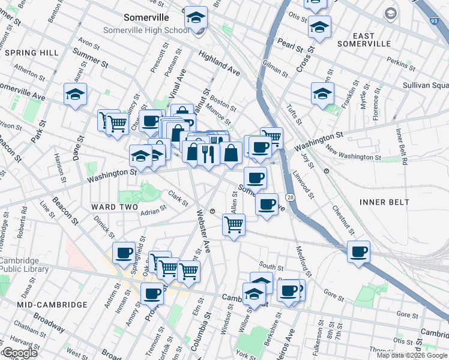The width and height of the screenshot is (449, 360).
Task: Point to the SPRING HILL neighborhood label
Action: [31, 53]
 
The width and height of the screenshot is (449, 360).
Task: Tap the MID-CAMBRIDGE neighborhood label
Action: [52, 305]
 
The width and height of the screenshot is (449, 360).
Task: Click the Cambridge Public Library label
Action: [19, 265]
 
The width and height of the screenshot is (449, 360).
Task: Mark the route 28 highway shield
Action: [290, 197]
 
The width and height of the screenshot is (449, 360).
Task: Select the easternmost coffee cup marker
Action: [359, 251]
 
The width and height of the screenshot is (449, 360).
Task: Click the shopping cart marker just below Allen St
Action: [234, 225]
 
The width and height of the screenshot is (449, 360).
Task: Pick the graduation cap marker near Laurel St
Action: [76, 94]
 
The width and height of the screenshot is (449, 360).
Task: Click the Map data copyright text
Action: [412, 355]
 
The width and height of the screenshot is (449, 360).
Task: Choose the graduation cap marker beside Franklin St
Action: [322, 94]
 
